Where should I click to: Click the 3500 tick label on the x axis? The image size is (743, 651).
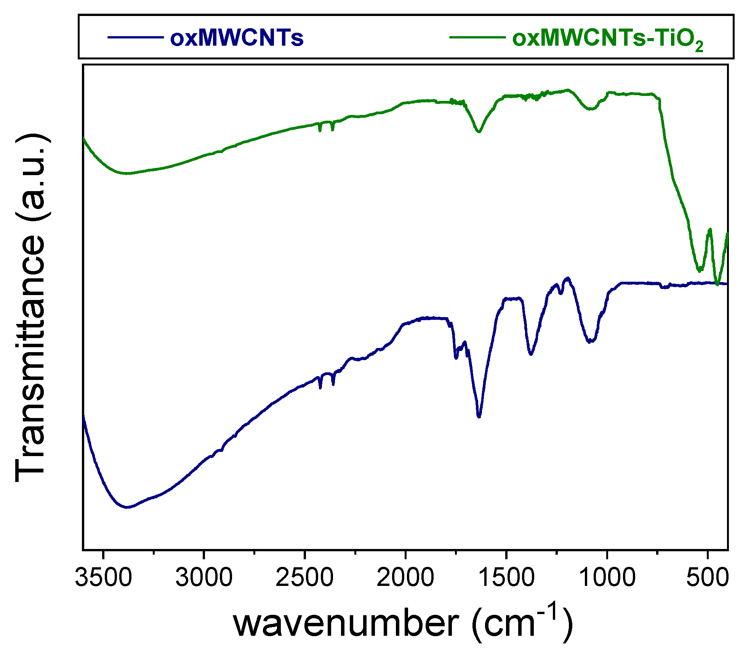tap(103, 578)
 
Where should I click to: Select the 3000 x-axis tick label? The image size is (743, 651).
tap(204, 578)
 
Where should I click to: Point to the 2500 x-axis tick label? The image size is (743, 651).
tap(304, 578)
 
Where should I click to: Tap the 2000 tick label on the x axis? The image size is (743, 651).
tap(405, 578)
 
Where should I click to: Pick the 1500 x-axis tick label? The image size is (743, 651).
tap(506, 578)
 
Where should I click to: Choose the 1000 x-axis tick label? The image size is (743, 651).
tap(607, 578)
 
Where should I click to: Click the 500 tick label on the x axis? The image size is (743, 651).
tap(707, 578)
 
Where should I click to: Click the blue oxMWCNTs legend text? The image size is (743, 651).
tap(237, 38)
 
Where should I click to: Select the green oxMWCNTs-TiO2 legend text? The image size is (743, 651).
tap(607, 39)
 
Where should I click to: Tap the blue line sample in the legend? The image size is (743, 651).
tap(136, 37)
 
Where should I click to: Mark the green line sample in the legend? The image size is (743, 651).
tap(477, 37)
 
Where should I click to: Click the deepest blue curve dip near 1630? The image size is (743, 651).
tap(479, 417)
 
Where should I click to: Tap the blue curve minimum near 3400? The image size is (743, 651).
tap(128, 507)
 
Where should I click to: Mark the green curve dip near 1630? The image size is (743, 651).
tap(479, 132)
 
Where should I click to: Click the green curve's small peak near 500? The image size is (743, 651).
tap(709, 229)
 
